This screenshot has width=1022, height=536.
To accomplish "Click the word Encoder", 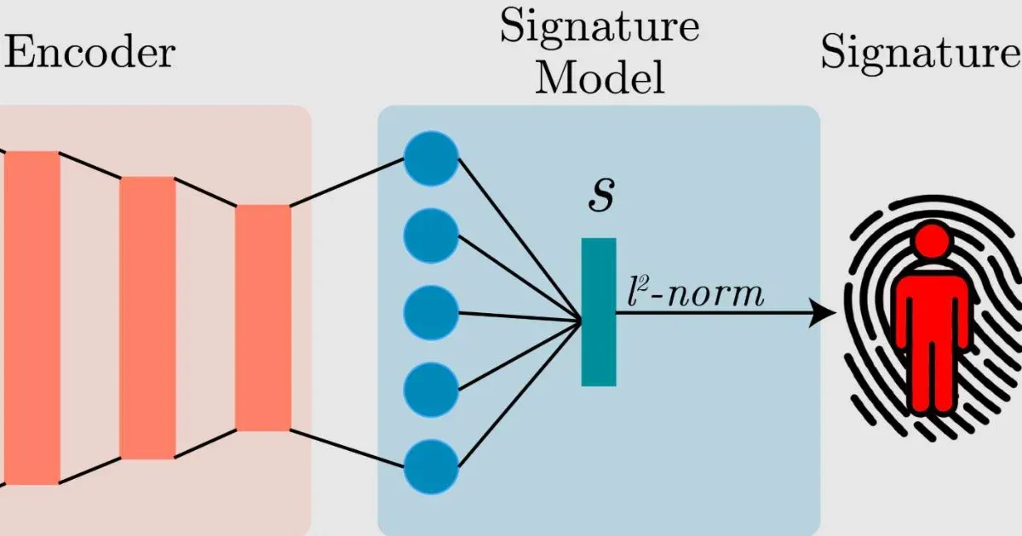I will coord(89,53).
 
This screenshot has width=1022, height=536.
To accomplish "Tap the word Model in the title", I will coord(601,78).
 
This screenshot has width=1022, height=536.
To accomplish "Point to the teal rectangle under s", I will coord(599,311).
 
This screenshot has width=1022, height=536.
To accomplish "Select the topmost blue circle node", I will coord(431,158).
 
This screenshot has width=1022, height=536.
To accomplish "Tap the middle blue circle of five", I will coord(431,313).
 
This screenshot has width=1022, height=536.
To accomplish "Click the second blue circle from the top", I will coord(431,236).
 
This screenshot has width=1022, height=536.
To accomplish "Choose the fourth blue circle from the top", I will coord(431,391).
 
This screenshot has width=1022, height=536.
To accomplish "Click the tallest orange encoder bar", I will coord(32,317).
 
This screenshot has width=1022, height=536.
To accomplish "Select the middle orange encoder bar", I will coord(147,317).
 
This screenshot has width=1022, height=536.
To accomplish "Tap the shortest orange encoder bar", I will coord(263,317).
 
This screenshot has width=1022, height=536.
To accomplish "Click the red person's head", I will coord(933,240).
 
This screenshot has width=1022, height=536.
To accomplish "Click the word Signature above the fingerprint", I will coord(920,53).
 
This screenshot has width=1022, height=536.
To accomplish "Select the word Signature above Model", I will coord(600,27).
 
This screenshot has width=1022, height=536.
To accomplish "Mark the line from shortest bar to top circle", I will coord(347,182).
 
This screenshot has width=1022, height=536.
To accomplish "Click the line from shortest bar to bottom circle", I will coord(347,448).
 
